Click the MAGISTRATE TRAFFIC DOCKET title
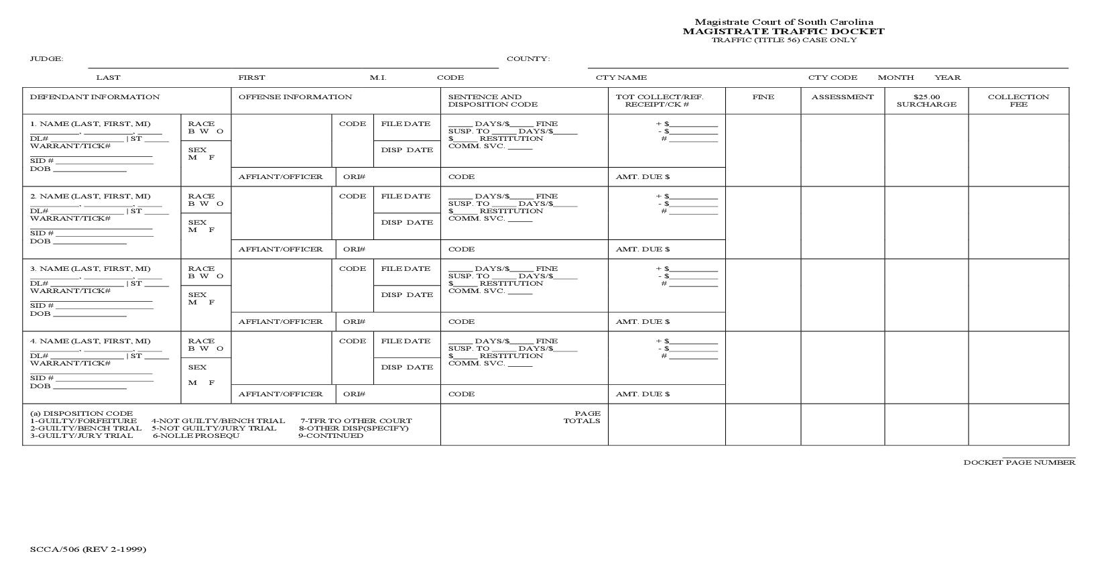coord(784,31)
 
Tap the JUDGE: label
coord(46,59)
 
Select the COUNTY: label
coord(528,59)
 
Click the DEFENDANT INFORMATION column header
coord(95,97)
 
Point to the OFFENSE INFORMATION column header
coord(295,97)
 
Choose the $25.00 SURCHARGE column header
coord(926,101)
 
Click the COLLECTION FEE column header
coord(1018,101)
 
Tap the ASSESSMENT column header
coord(843,97)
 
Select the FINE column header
coord(763,97)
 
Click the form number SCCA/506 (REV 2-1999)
coord(88,549)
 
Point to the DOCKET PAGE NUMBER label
coord(1020,462)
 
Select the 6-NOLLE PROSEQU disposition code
coord(196,436)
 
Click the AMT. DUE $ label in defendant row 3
coord(643,322)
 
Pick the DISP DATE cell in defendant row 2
coord(407,223)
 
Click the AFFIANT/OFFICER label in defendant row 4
coord(280,394)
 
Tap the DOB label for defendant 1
coord(40,169)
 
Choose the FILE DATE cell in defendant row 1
coord(406,124)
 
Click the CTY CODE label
coord(833,78)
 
